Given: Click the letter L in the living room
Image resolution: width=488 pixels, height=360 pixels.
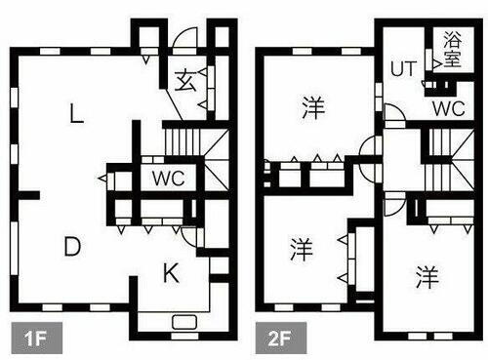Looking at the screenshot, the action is (75, 115).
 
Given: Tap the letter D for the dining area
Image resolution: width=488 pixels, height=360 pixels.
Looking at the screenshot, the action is (71, 248).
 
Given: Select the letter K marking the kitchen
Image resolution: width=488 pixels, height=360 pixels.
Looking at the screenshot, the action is (170, 274).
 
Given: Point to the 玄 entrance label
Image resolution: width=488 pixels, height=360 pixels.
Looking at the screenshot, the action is (185, 81).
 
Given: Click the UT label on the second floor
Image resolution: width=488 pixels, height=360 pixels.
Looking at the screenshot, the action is (404, 70).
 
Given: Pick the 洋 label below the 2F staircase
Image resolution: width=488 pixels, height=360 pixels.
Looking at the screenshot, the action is (426, 277).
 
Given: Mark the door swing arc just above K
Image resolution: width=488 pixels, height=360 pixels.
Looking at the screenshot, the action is (190, 237).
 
